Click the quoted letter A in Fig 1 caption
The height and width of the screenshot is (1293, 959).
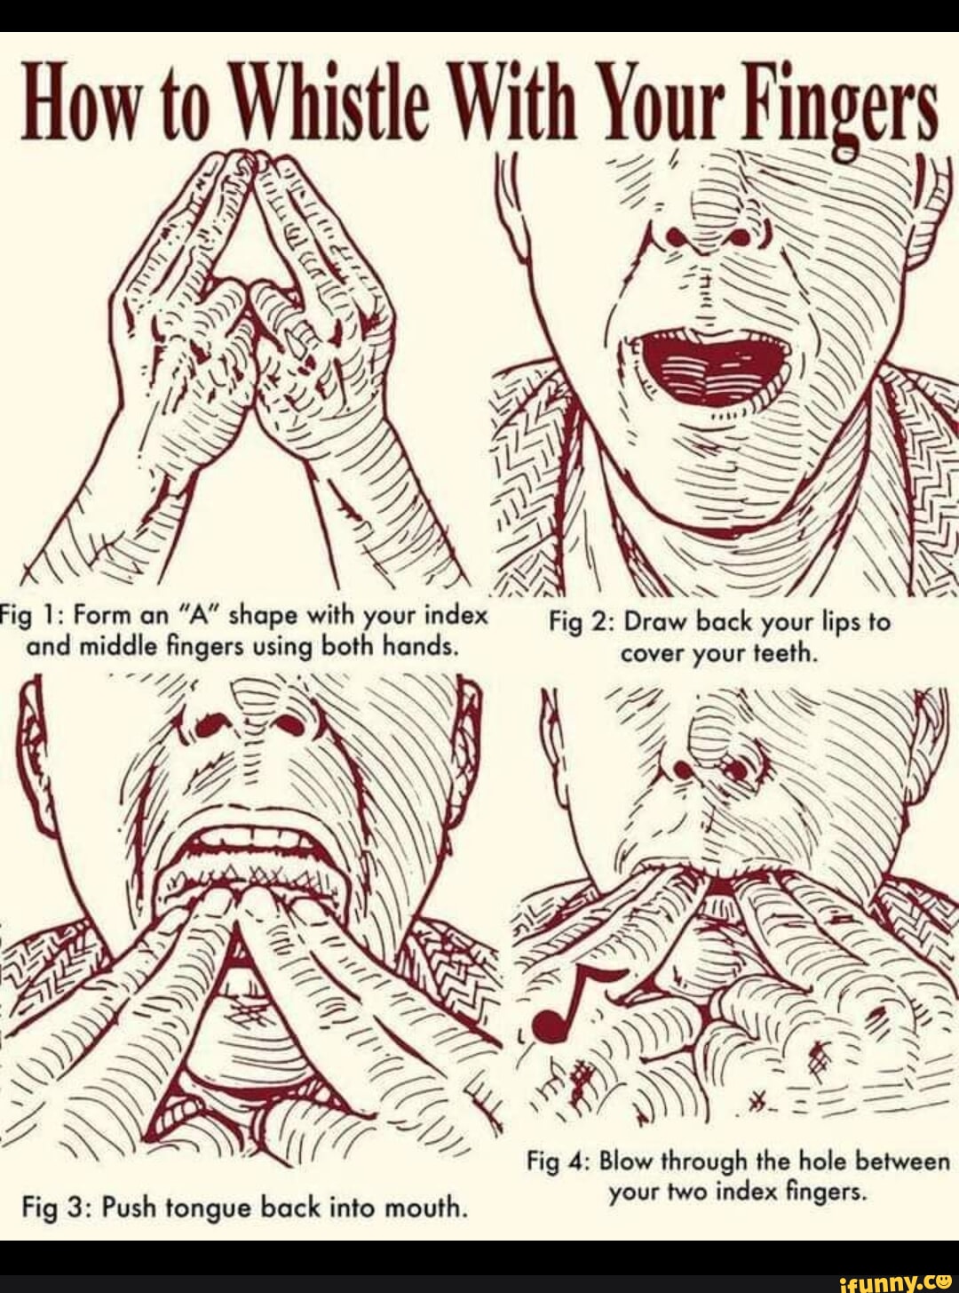(202, 616)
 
